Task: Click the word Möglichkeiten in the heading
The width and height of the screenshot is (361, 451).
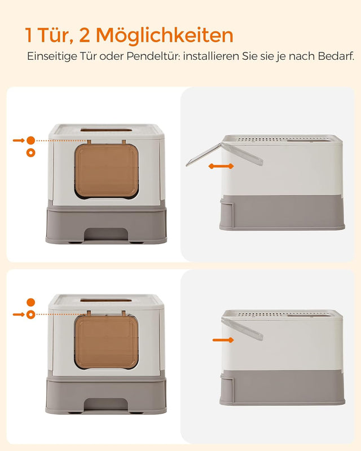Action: pyautogui.click(x=164, y=35)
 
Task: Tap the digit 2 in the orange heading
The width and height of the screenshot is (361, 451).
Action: pyautogui.click(x=84, y=35)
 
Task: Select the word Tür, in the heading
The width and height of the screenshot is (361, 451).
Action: pyautogui.click(x=55, y=35)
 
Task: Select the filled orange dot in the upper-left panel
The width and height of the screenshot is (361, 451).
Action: pyautogui.click(x=30, y=140)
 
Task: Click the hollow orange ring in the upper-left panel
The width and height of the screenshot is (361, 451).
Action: pyautogui.click(x=30, y=152)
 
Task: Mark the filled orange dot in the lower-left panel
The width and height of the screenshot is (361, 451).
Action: pyautogui.click(x=30, y=302)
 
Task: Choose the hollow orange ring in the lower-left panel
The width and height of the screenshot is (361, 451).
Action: pyautogui.click(x=30, y=314)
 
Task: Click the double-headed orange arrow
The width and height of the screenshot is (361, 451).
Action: pyautogui.click(x=221, y=166)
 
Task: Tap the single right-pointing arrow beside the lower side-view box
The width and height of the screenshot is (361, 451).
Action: pyautogui.click(x=223, y=340)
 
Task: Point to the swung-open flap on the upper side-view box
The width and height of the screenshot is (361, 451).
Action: pyautogui.click(x=204, y=154)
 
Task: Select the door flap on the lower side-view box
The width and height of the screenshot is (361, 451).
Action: pyautogui.click(x=243, y=329)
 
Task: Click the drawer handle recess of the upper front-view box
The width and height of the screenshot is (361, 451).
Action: pyautogui.click(x=106, y=233)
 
